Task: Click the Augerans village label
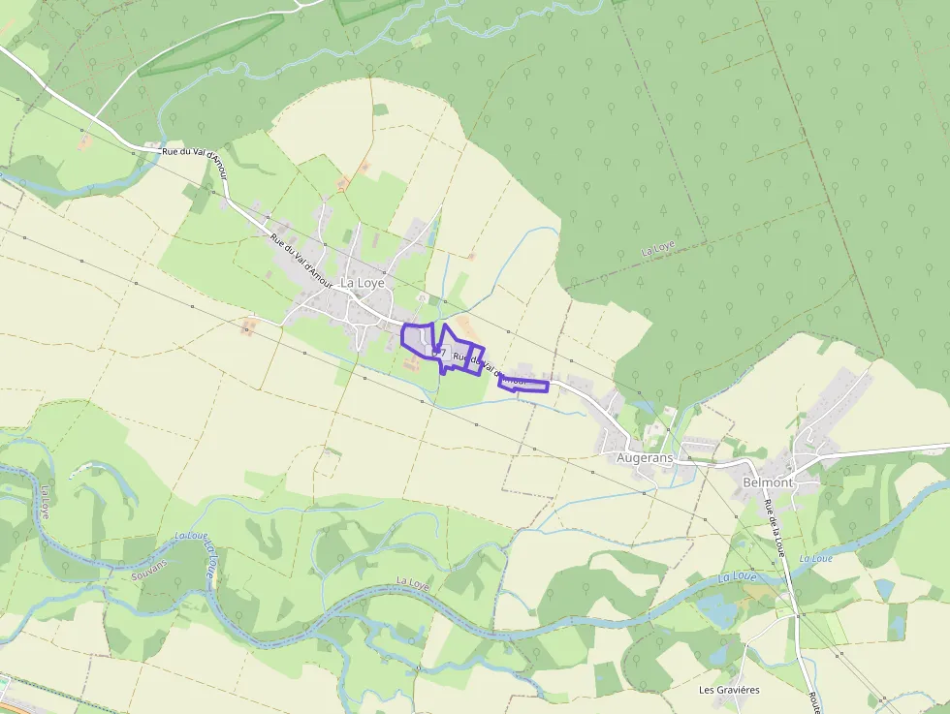pyautogui.click(x=645, y=457)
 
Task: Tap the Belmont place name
pyautogui.click(x=767, y=482)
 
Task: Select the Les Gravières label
pyautogui.click(x=729, y=690)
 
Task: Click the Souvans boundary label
pyautogui.click(x=149, y=570)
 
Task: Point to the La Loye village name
pyautogui.click(x=363, y=283)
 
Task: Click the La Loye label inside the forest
pyautogui.click(x=658, y=248)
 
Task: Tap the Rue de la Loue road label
pyautogui.click(x=774, y=531)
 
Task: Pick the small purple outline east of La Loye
pyautogui.click(x=523, y=384)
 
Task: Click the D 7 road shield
pyautogui.click(x=437, y=353)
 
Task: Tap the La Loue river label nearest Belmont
pyautogui.click(x=816, y=559)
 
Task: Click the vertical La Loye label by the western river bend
pyautogui.click(x=45, y=502)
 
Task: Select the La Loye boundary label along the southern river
pyautogui.click(x=413, y=581)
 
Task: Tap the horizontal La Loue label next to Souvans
pyautogui.click(x=192, y=536)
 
